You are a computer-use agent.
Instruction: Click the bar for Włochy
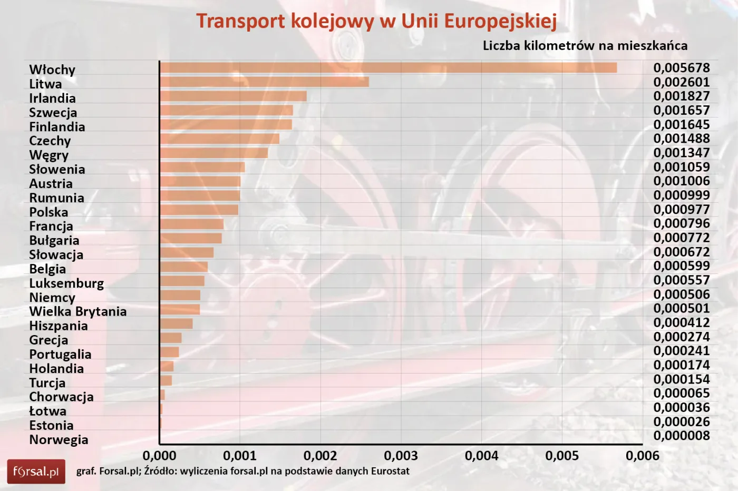[x=388, y=67]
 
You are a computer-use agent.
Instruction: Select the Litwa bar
[x=264, y=82]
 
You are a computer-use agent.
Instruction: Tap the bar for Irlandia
[x=233, y=96]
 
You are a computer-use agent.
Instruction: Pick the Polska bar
[x=199, y=210]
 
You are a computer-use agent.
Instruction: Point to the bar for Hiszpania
[x=176, y=323]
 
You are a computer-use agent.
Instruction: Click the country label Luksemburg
[x=66, y=283]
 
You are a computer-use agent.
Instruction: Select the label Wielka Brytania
[x=77, y=311]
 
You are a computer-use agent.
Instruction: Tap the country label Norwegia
[x=59, y=439]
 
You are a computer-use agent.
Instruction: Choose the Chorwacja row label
[x=61, y=397]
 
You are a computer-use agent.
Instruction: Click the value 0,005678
[x=681, y=67]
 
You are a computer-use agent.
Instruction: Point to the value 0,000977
[x=681, y=209]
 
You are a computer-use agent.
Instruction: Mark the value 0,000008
[x=681, y=436]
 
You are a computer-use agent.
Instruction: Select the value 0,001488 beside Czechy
[x=681, y=139]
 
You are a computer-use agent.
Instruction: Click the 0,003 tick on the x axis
[x=401, y=456]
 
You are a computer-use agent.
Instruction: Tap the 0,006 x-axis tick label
[x=642, y=456]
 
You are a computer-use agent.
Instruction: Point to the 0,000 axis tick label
[x=159, y=456]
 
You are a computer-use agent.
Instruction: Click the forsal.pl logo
[x=36, y=472]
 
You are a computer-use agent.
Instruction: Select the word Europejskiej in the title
[x=500, y=21]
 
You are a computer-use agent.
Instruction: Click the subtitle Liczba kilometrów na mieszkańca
[x=585, y=45]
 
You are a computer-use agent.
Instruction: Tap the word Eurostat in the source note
[x=390, y=471]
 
